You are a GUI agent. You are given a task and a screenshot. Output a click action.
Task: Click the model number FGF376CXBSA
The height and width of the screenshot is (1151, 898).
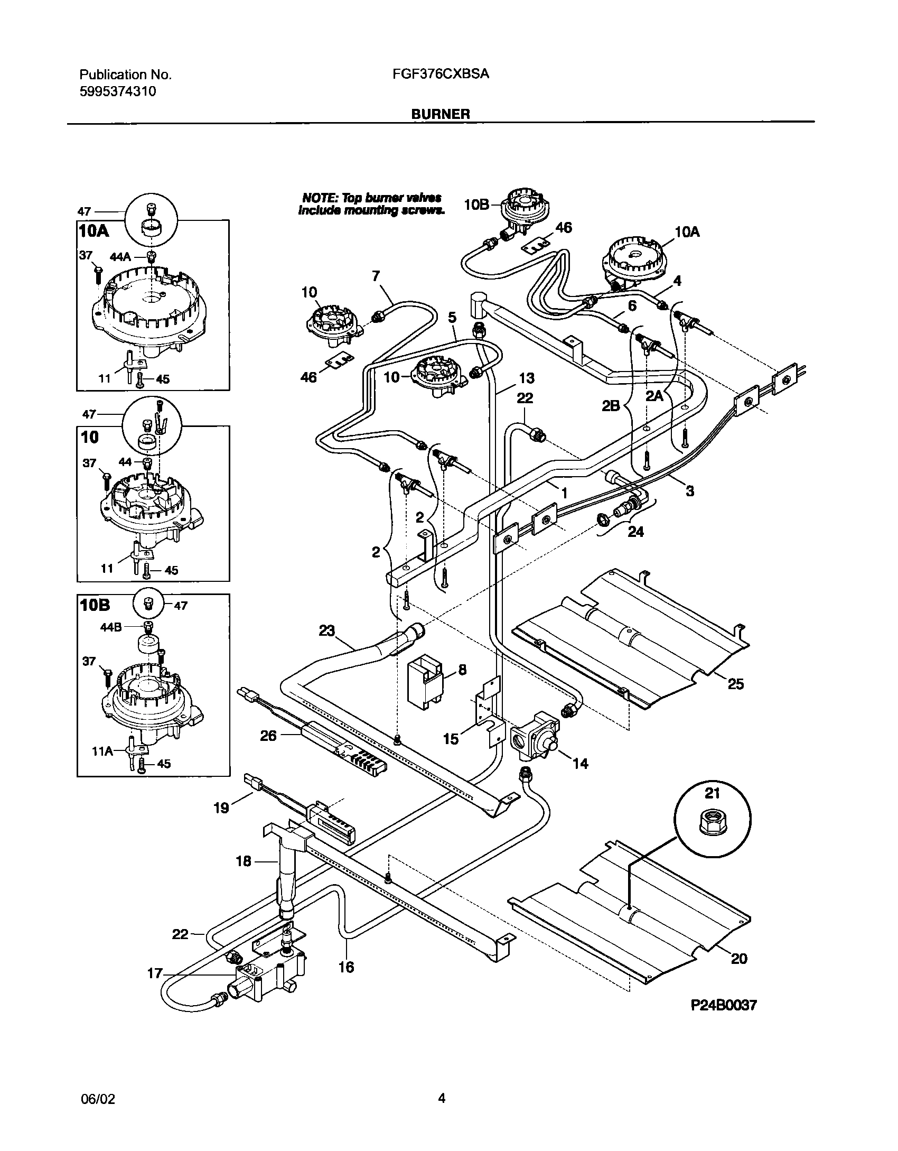[x=441, y=74]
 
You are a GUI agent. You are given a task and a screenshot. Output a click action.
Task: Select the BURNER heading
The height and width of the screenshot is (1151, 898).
[x=441, y=114]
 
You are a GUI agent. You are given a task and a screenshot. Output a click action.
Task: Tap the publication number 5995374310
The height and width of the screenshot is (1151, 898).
[x=118, y=91]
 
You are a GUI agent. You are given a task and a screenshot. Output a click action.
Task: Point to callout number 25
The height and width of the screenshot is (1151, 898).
[x=735, y=684]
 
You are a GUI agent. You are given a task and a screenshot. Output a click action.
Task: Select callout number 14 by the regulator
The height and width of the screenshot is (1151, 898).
[x=580, y=763]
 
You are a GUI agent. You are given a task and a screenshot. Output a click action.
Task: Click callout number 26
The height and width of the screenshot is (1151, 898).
[x=268, y=735]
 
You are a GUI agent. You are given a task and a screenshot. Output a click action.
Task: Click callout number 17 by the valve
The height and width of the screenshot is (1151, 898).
[x=155, y=973]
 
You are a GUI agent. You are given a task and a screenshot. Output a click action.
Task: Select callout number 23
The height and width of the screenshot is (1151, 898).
[x=327, y=630]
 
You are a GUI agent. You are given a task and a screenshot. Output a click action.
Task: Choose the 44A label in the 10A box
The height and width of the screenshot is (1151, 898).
[x=120, y=257]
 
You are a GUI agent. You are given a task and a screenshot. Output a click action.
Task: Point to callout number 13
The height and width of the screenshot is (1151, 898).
[x=526, y=378]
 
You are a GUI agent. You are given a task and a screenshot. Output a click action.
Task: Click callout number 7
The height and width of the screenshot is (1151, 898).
[x=376, y=275]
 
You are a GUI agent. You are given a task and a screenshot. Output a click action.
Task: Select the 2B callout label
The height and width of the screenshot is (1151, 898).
[x=611, y=405]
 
